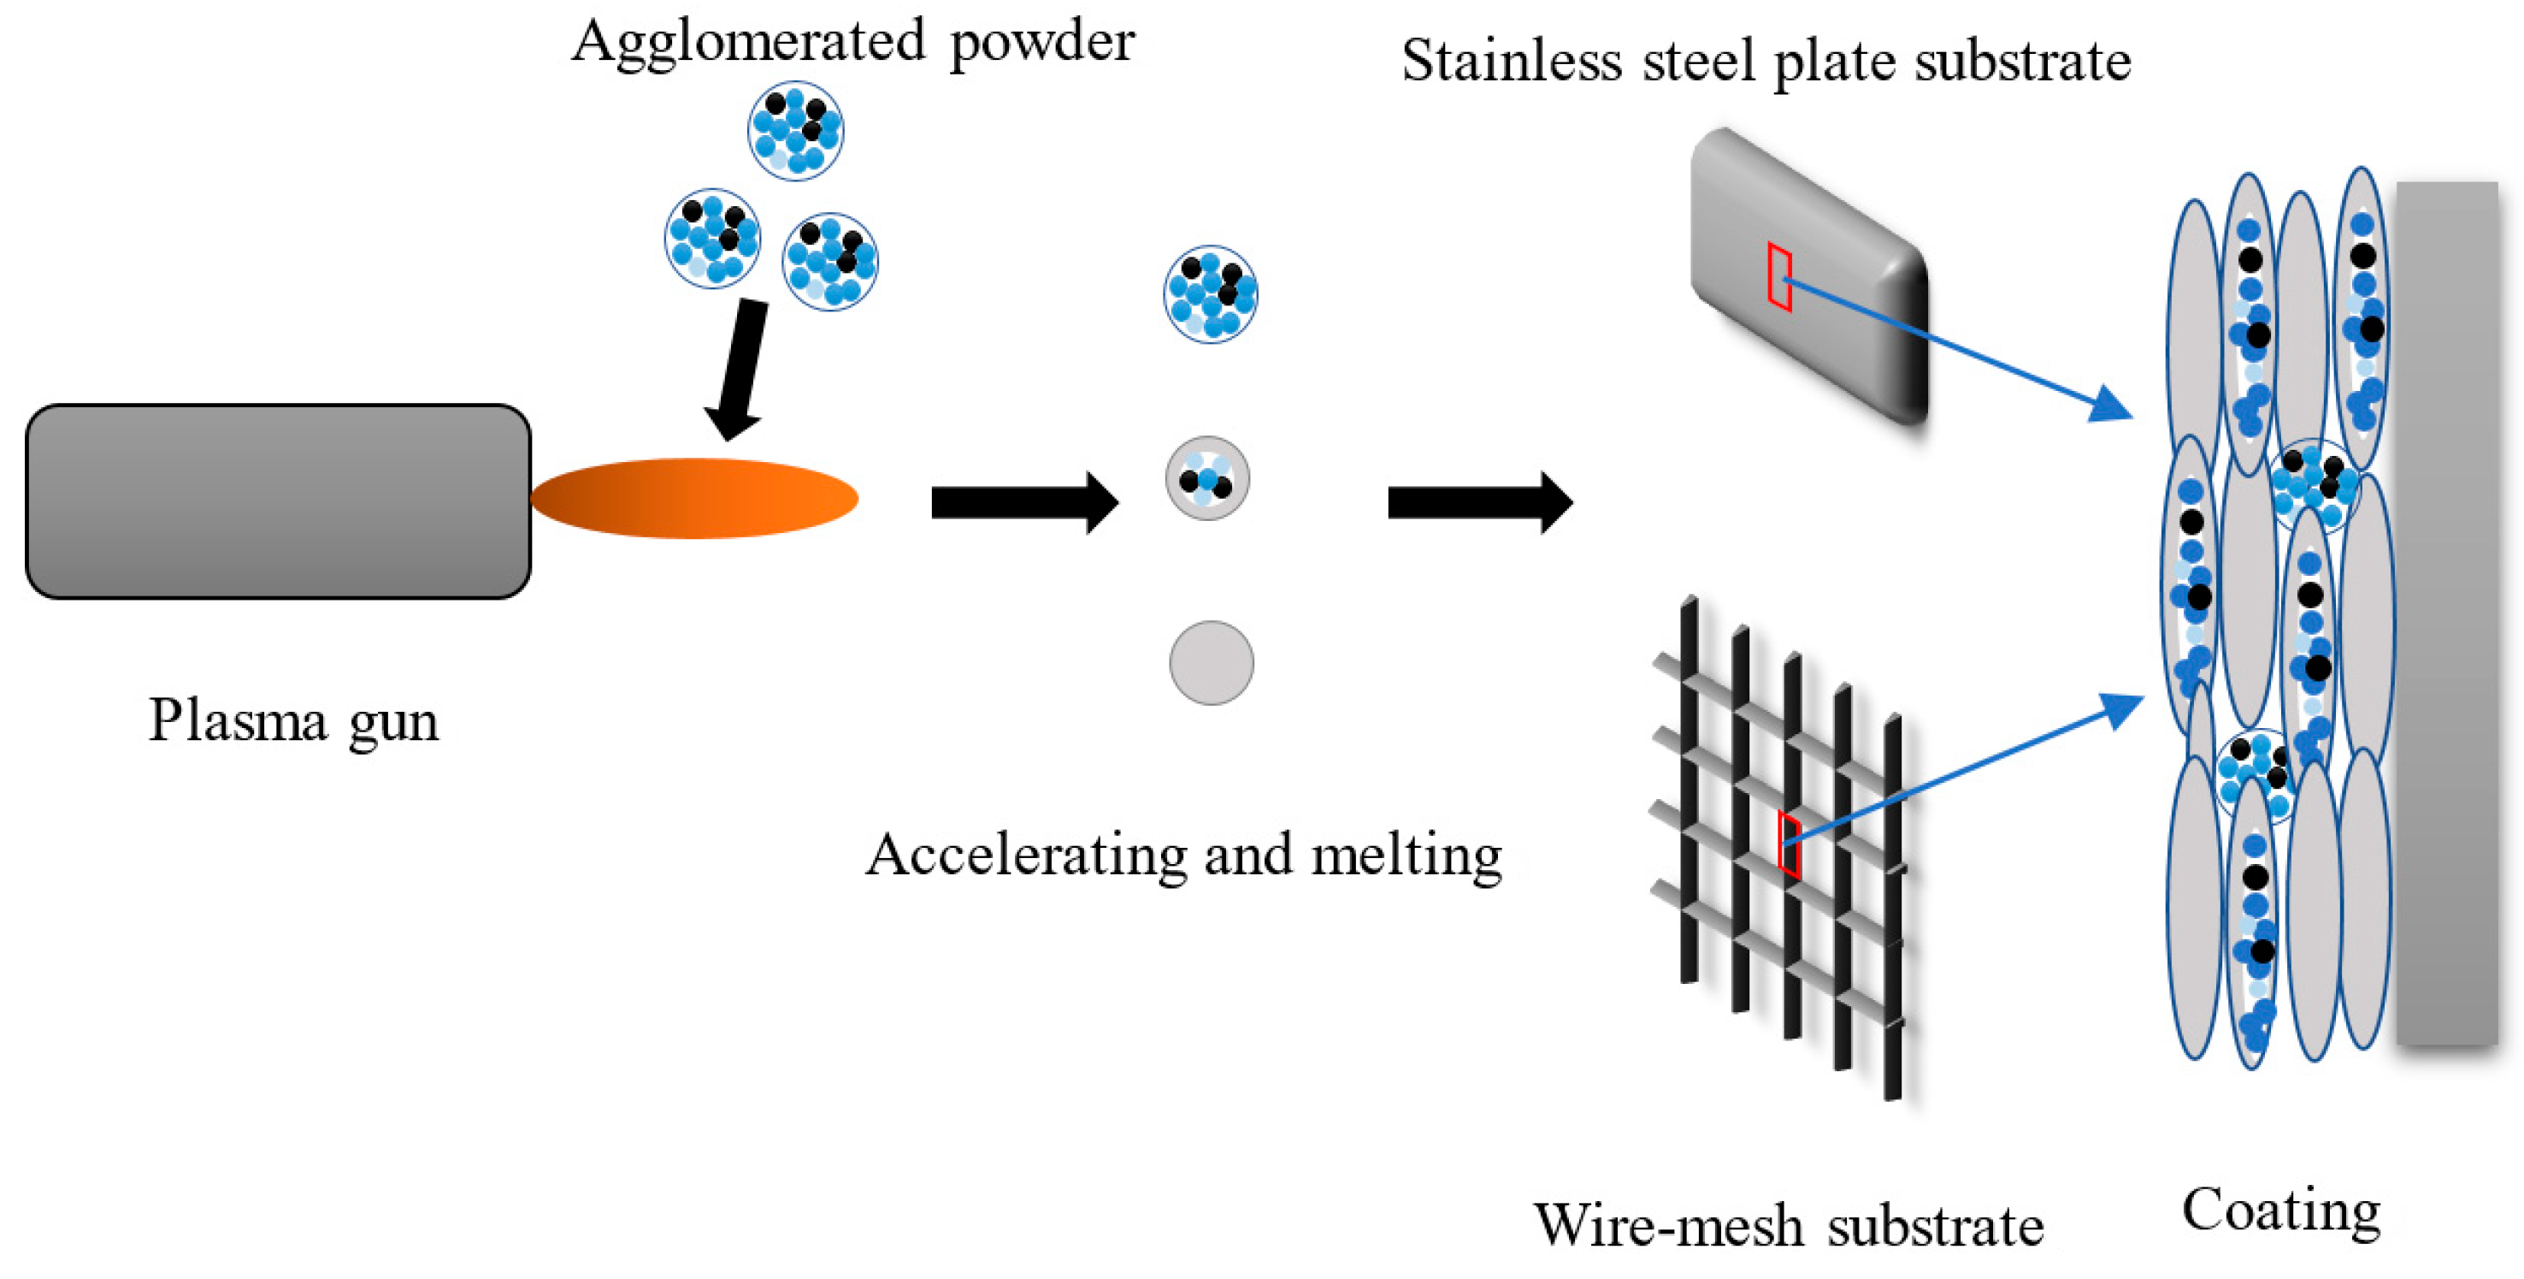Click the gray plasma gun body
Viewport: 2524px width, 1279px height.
point(278,500)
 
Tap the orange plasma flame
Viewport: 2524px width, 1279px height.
point(694,499)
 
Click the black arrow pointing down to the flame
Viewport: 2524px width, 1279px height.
point(737,370)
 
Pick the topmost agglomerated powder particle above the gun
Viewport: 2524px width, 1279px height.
point(796,130)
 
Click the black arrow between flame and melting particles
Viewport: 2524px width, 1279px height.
point(1025,503)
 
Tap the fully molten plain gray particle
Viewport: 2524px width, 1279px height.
point(1211,662)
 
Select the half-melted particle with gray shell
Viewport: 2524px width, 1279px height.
point(1207,478)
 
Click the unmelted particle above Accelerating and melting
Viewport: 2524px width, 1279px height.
point(1211,294)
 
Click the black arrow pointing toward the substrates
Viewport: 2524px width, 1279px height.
point(1481,503)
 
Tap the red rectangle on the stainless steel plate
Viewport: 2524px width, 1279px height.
point(1780,277)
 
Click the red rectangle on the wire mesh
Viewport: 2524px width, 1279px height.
point(1790,845)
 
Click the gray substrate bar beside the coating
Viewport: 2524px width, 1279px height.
point(2446,613)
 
